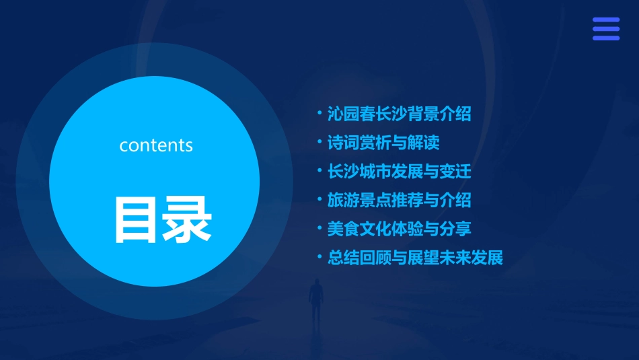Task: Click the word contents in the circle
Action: [x=156, y=145]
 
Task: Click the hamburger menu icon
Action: [x=605, y=29]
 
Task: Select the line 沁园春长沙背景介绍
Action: [x=399, y=114]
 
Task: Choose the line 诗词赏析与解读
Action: [x=383, y=143]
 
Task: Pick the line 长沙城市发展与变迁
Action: [x=399, y=171]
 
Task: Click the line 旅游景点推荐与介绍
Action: [x=399, y=200]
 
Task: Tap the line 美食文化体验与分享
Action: [x=399, y=229]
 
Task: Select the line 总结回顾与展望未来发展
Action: [x=415, y=258]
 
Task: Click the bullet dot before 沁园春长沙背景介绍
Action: [x=319, y=113]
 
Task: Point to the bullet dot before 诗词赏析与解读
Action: [x=319, y=142]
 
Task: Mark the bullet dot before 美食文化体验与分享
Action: [x=319, y=228]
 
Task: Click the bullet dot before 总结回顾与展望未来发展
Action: [x=319, y=257]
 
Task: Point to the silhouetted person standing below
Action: [x=315, y=303]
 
